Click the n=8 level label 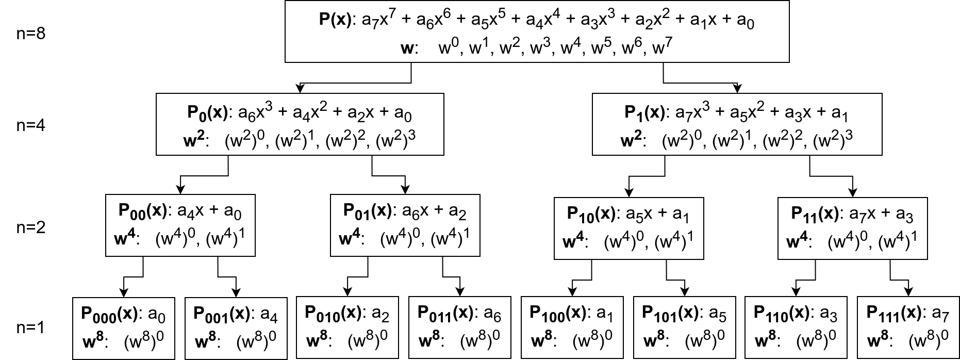click(x=31, y=35)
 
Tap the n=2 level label click(x=31, y=227)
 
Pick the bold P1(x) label click(x=643, y=113)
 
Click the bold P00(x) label click(x=143, y=211)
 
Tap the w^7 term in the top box click(x=662, y=49)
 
